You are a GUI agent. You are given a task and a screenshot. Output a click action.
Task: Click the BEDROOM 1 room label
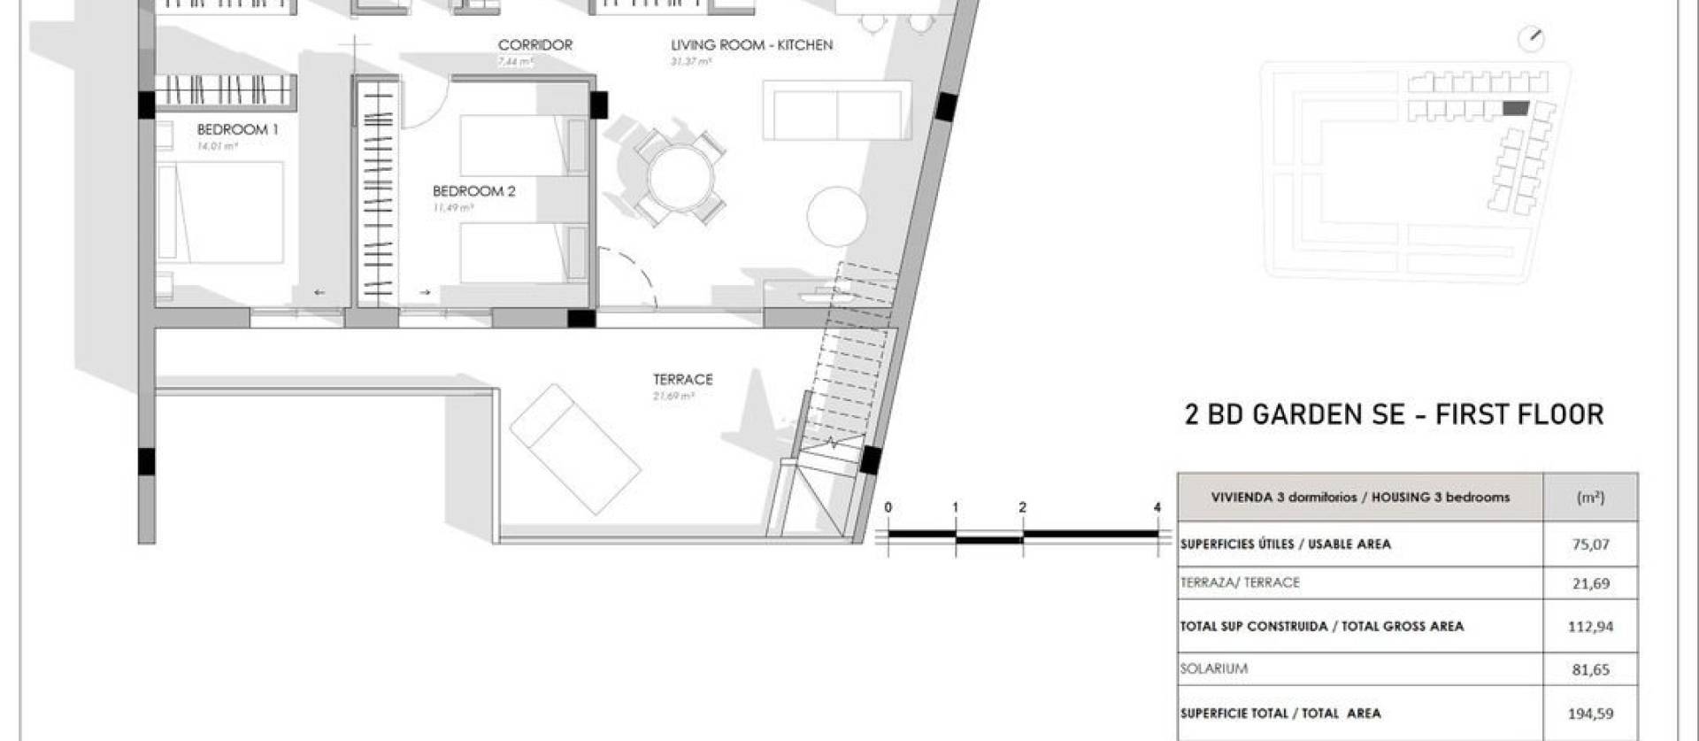pyautogui.click(x=237, y=129)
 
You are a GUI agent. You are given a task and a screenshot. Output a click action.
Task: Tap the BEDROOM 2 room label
pyautogui.click(x=473, y=191)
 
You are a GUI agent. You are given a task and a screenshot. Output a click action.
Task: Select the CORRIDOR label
pyautogui.click(x=534, y=45)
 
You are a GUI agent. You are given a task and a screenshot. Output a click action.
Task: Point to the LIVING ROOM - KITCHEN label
pyautogui.click(x=751, y=45)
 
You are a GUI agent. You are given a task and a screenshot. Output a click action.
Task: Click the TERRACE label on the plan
pyautogui.click(x=682, y=380)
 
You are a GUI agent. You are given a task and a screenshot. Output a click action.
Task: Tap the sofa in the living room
pyautogui.click(x=836, y=111)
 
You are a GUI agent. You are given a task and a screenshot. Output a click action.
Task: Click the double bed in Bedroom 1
pyautogui.click(x=220, y=212)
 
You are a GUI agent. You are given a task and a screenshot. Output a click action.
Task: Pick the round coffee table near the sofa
pyautogui.click(x=837, y=216)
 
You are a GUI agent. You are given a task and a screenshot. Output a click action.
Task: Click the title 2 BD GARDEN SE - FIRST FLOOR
pyautogui.click(x=1394, y=414)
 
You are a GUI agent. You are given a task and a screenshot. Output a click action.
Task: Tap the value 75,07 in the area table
pyautogui.click(x=1590, y=544)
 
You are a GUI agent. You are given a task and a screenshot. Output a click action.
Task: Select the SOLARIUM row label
pyautogui.click(x=1213, y=669)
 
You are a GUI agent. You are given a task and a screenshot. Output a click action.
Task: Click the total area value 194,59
pyautogui.click(x=1590, y=714)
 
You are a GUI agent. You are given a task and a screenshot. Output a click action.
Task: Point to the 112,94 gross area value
pyautogui.click(x=1590, y=627)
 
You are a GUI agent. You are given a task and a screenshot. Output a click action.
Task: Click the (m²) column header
pyautogui.click(x=1590, y=498)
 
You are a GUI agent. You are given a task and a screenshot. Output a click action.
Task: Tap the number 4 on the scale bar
pyautogui.click(x=1157, y=508)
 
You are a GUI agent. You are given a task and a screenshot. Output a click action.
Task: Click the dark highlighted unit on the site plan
pyautogui.click(x=1516, y=109)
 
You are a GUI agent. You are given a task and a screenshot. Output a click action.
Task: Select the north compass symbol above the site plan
pyautogui.click(x=1531, y=39)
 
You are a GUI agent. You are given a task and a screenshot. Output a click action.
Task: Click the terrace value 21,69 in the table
pyautogui.click(x=1590, y=583)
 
